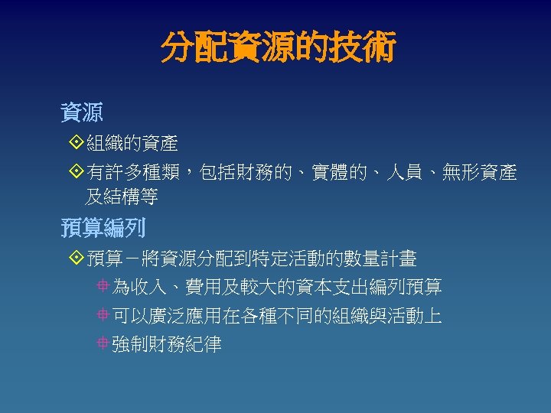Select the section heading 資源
(x=82, y=113)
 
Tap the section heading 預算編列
(x=103, y=228)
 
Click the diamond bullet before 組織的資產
(x=74, y=142)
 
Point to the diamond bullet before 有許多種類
(x=74, y=173)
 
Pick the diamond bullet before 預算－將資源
(x=74, y=258)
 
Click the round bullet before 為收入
(x=103, y=288)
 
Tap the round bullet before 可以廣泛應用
(x=103, y=316)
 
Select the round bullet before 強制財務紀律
(x=103, y=344)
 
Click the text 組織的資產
(x=132, y=143)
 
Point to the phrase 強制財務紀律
(x=166, y=345)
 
